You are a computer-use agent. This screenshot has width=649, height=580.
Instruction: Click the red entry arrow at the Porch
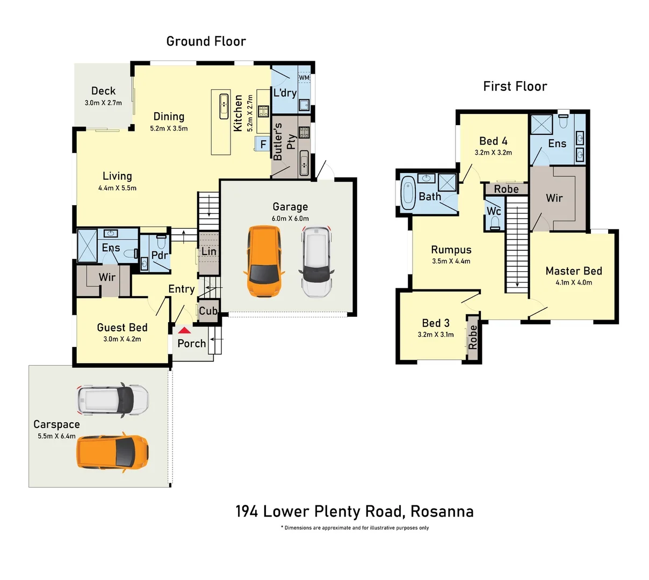pyautogui.click(x=184, y=331)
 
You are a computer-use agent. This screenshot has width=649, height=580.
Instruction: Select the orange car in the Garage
pyautogui.click(x=264, y=261)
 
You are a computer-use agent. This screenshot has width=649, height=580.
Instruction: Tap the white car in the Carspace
pyautogui.click(x=113, y=401)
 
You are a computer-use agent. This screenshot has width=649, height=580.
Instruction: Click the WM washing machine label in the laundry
pyautogui.click(x=304, y=78)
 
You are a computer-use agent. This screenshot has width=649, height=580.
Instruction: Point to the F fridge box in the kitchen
pyautogui.click(x=263, y=144)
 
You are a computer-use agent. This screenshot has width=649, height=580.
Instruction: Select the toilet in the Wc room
pyautogui.click(x=494, y=222)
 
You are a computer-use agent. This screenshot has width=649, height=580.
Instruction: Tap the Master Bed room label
pyautogui.click(x=573, y=271)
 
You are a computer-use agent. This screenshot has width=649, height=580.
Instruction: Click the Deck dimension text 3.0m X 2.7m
pyautogui.click(x=103, y=103)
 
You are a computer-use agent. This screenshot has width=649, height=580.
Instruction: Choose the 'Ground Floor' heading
pyautogui.click(x=206, y=41)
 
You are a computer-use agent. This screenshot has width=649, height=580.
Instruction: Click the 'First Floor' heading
pyautogui.click(x=515, y=86)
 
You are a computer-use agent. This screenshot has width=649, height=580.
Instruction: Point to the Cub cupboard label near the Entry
pyautogui.click(x=208, y=311)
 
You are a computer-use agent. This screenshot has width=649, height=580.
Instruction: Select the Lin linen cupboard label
pyautogui.click(x=209, y=251)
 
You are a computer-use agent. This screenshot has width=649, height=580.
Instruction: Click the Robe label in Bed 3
pyautogui.click(x=473, y=337)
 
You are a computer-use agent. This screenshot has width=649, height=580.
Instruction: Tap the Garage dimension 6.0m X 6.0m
pyautogui.click(x=290, y=219)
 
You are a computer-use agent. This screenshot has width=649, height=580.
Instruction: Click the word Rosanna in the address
pyautogui.click(x=442, y=511)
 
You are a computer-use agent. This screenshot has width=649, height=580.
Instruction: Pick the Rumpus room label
pyautogui.click(x=451, y=250)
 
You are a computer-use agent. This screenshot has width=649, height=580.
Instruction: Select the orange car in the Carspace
pyautogui.click(x=113, y=453)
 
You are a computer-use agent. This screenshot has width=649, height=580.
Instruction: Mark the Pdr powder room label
pyautogui.click(x=160, y=255)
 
